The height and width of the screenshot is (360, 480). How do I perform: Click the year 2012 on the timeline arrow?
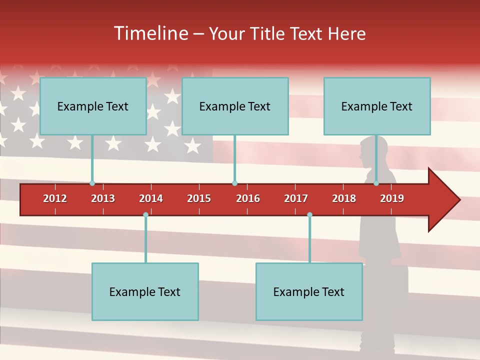55,198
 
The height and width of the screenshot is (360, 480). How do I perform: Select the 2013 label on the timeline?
103,198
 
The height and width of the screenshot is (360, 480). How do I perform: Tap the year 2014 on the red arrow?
151,198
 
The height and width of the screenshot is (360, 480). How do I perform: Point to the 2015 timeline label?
199,198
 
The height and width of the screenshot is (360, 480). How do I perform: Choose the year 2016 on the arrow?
248,198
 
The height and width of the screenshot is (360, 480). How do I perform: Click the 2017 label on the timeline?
296,198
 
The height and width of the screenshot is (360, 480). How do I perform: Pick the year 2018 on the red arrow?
344,198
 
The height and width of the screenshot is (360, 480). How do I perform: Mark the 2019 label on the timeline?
392,198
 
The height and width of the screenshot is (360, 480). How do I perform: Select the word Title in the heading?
268,33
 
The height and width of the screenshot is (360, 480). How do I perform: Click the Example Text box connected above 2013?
93,106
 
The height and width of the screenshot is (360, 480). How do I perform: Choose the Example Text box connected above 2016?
235,106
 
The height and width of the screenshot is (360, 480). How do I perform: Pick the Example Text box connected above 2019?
377,106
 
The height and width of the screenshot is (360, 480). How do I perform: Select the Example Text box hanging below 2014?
145,291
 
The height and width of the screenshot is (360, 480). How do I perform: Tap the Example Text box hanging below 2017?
309,291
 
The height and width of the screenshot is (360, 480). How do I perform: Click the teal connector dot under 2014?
145,215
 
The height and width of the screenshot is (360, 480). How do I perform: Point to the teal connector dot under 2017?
309,215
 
